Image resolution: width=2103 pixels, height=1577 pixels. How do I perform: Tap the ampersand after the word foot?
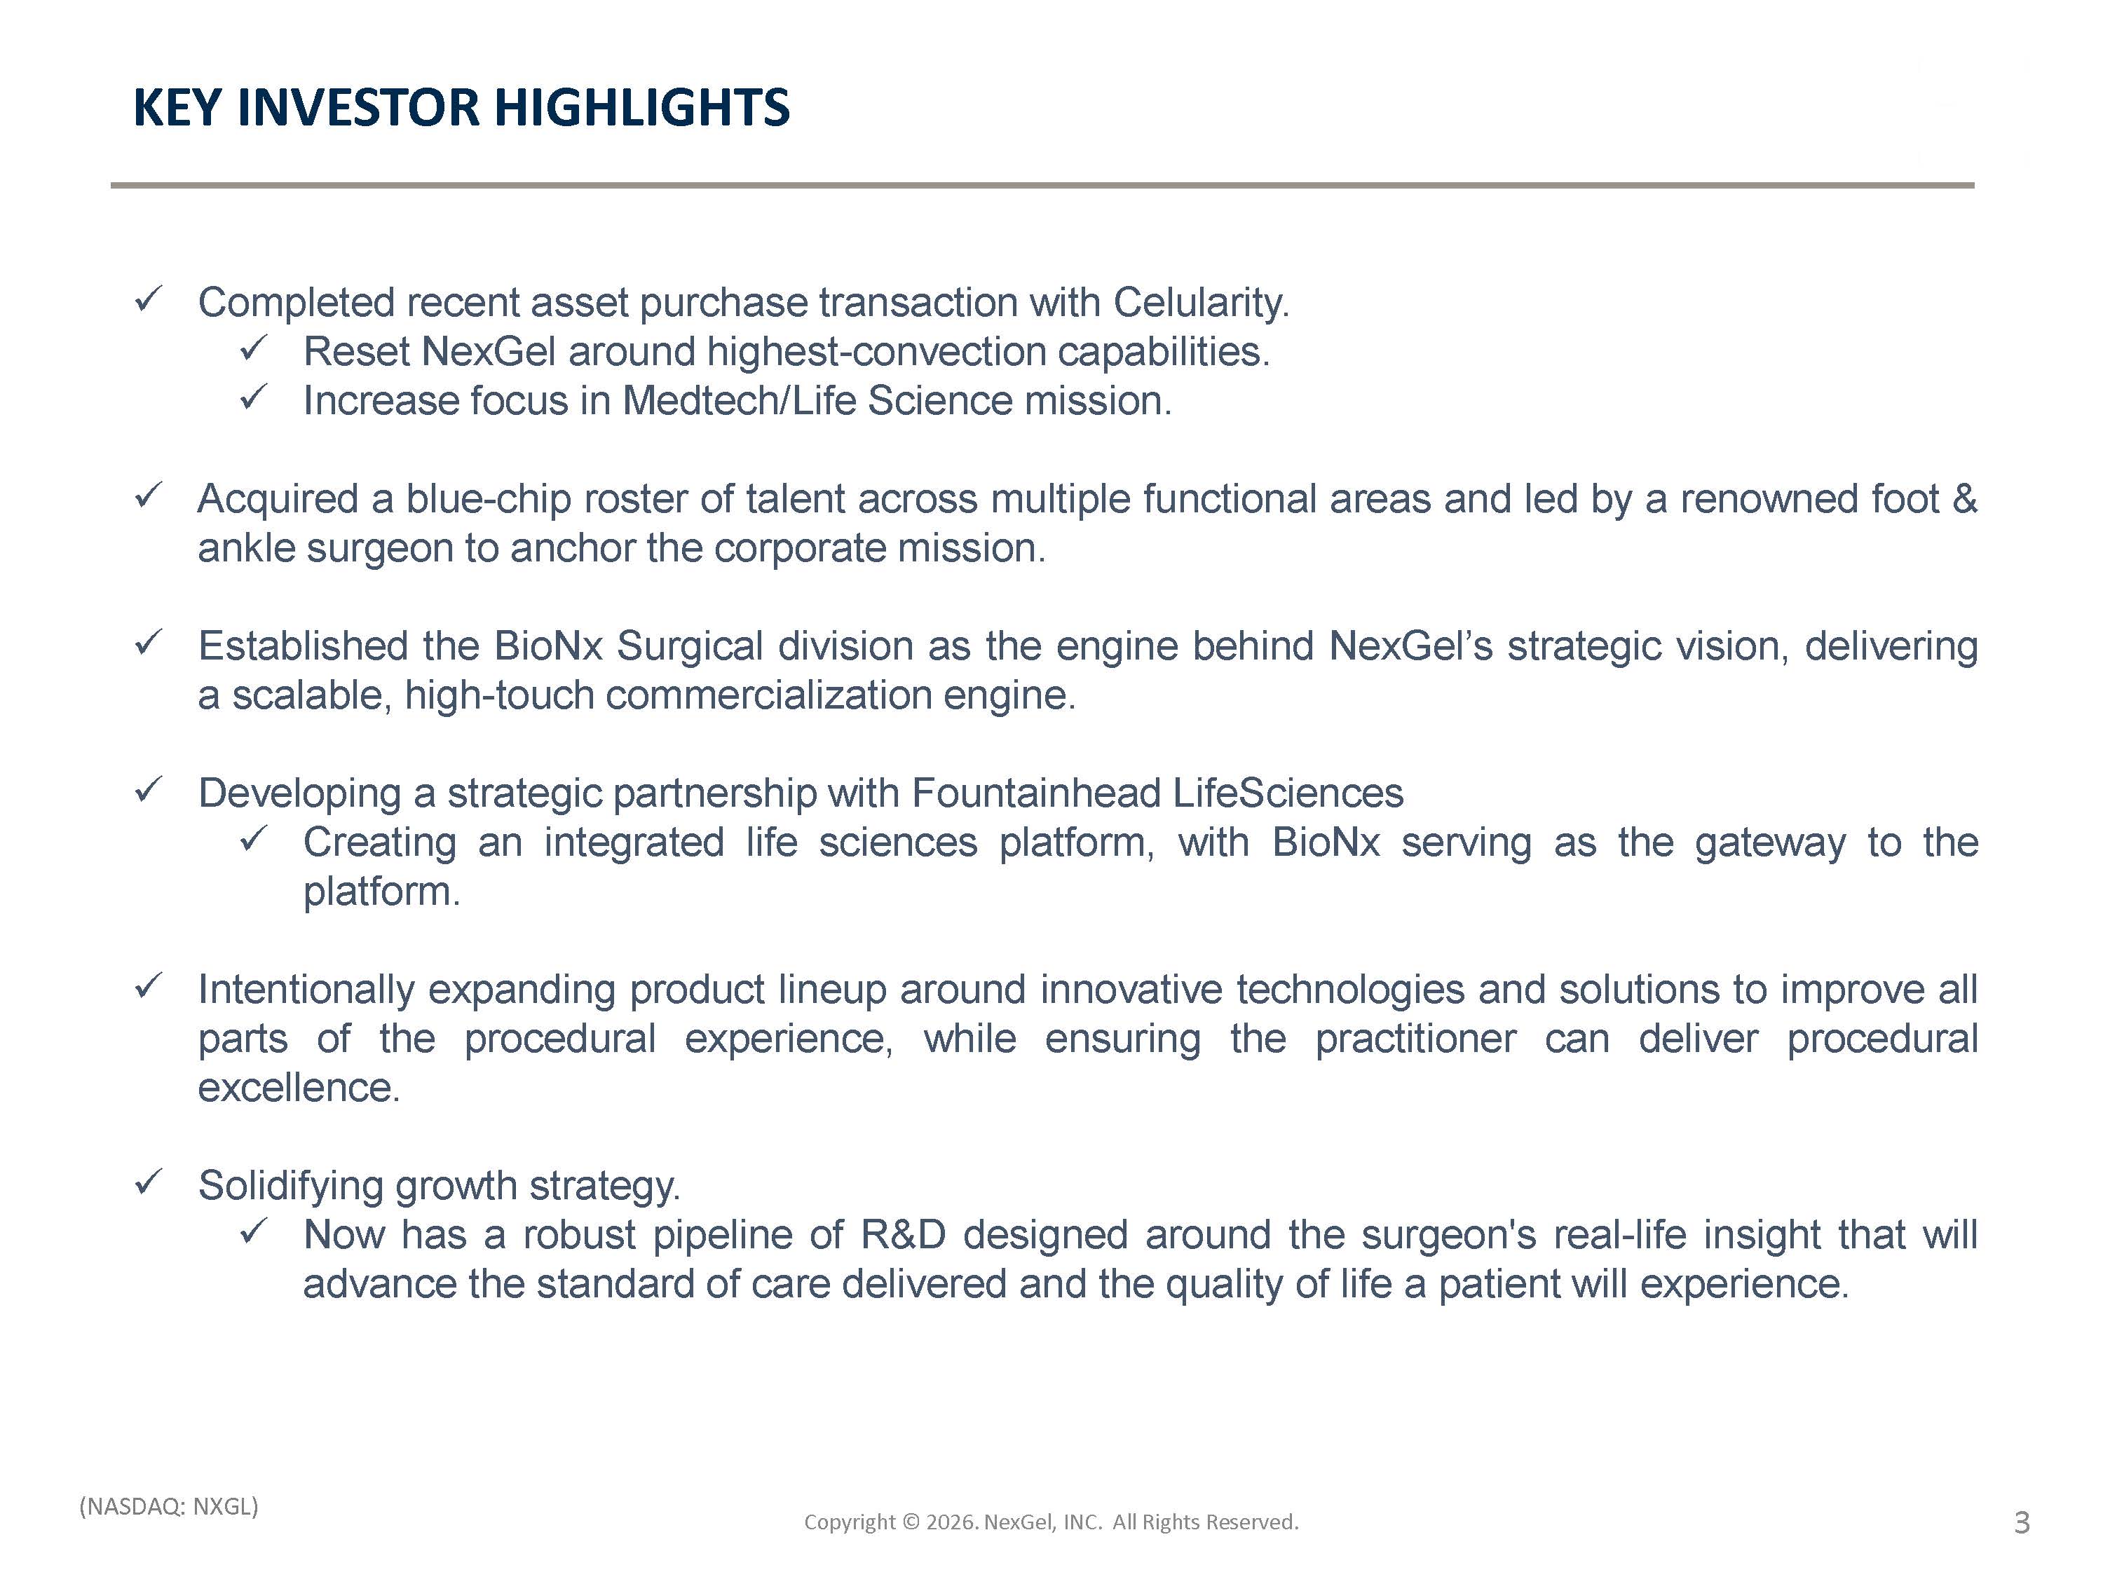[1964, 499]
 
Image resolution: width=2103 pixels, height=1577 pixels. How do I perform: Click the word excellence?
[299, 1088]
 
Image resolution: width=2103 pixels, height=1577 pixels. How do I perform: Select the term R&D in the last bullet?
[903, 1236]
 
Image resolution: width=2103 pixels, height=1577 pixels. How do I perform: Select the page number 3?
[2022, 1523]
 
